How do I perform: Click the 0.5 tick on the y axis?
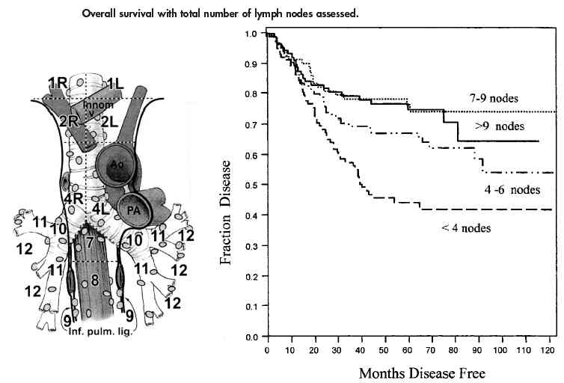253,185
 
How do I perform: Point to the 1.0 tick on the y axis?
253,34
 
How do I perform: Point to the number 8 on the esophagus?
94,281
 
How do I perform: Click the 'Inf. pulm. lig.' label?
104,331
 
